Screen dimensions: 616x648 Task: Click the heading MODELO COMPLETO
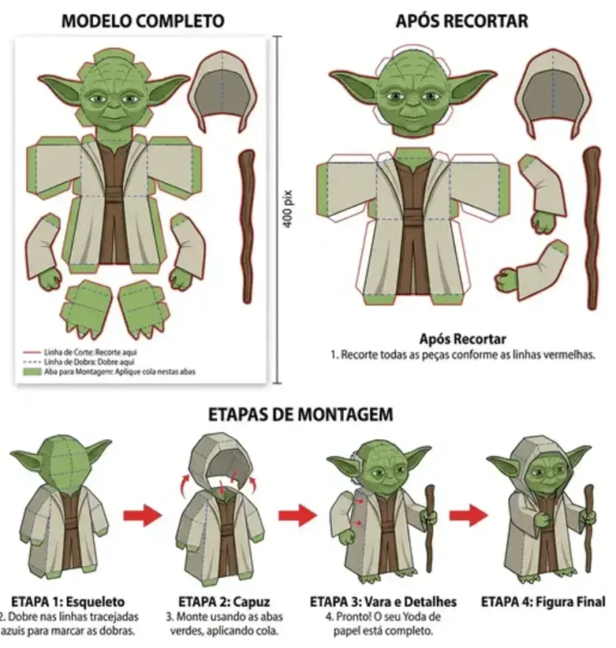[x=143, y=20]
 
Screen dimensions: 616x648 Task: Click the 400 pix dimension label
[x=287, y=208]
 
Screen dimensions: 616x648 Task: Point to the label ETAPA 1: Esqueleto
[x=68, y=602]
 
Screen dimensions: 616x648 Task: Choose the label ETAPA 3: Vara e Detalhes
[x=383, y=602]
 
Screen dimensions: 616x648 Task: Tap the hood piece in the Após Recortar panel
[x=554, y=93]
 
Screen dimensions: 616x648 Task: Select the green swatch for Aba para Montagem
[x=32, y=372]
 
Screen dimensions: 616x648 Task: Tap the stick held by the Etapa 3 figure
[x=430, y=518]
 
